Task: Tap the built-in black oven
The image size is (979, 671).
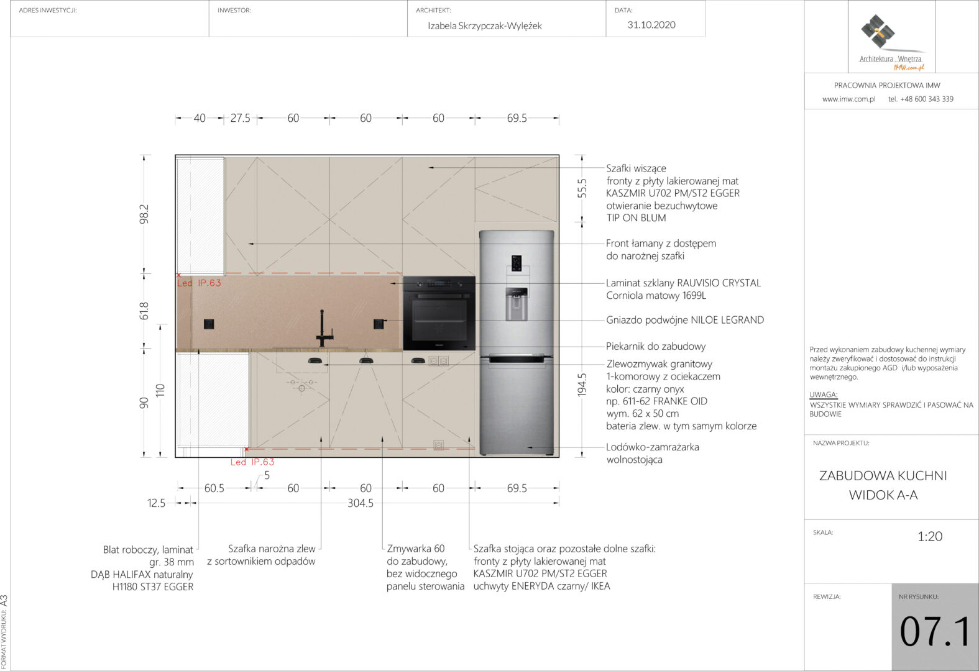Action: point(439,313)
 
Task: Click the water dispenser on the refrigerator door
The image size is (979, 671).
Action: point(516,304)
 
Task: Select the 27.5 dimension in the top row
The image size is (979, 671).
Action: point(241,118)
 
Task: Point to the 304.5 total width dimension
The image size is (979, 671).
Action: point(361,503)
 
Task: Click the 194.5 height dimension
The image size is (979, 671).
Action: point(582,385)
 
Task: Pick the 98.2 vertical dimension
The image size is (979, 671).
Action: point(144,214)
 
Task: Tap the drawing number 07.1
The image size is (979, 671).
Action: point(934,631)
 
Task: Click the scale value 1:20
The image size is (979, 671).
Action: point(930,536)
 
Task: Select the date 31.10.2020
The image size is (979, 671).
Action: point(651,25)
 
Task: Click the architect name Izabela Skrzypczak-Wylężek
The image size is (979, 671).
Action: point(485,25)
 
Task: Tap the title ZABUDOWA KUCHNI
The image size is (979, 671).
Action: point(883,476)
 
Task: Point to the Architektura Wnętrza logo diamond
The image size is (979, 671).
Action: point(878,31)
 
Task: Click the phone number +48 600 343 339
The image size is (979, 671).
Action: point(927,99)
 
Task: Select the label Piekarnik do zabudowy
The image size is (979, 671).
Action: point(656,347)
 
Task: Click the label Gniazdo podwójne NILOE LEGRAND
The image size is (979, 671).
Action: point(685,320)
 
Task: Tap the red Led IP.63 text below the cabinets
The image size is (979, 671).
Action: point(252,462)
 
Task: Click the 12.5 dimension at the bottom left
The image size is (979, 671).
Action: point(157,503)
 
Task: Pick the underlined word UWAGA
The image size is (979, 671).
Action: point(823,395)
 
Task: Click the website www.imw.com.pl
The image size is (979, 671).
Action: point(848,99)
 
